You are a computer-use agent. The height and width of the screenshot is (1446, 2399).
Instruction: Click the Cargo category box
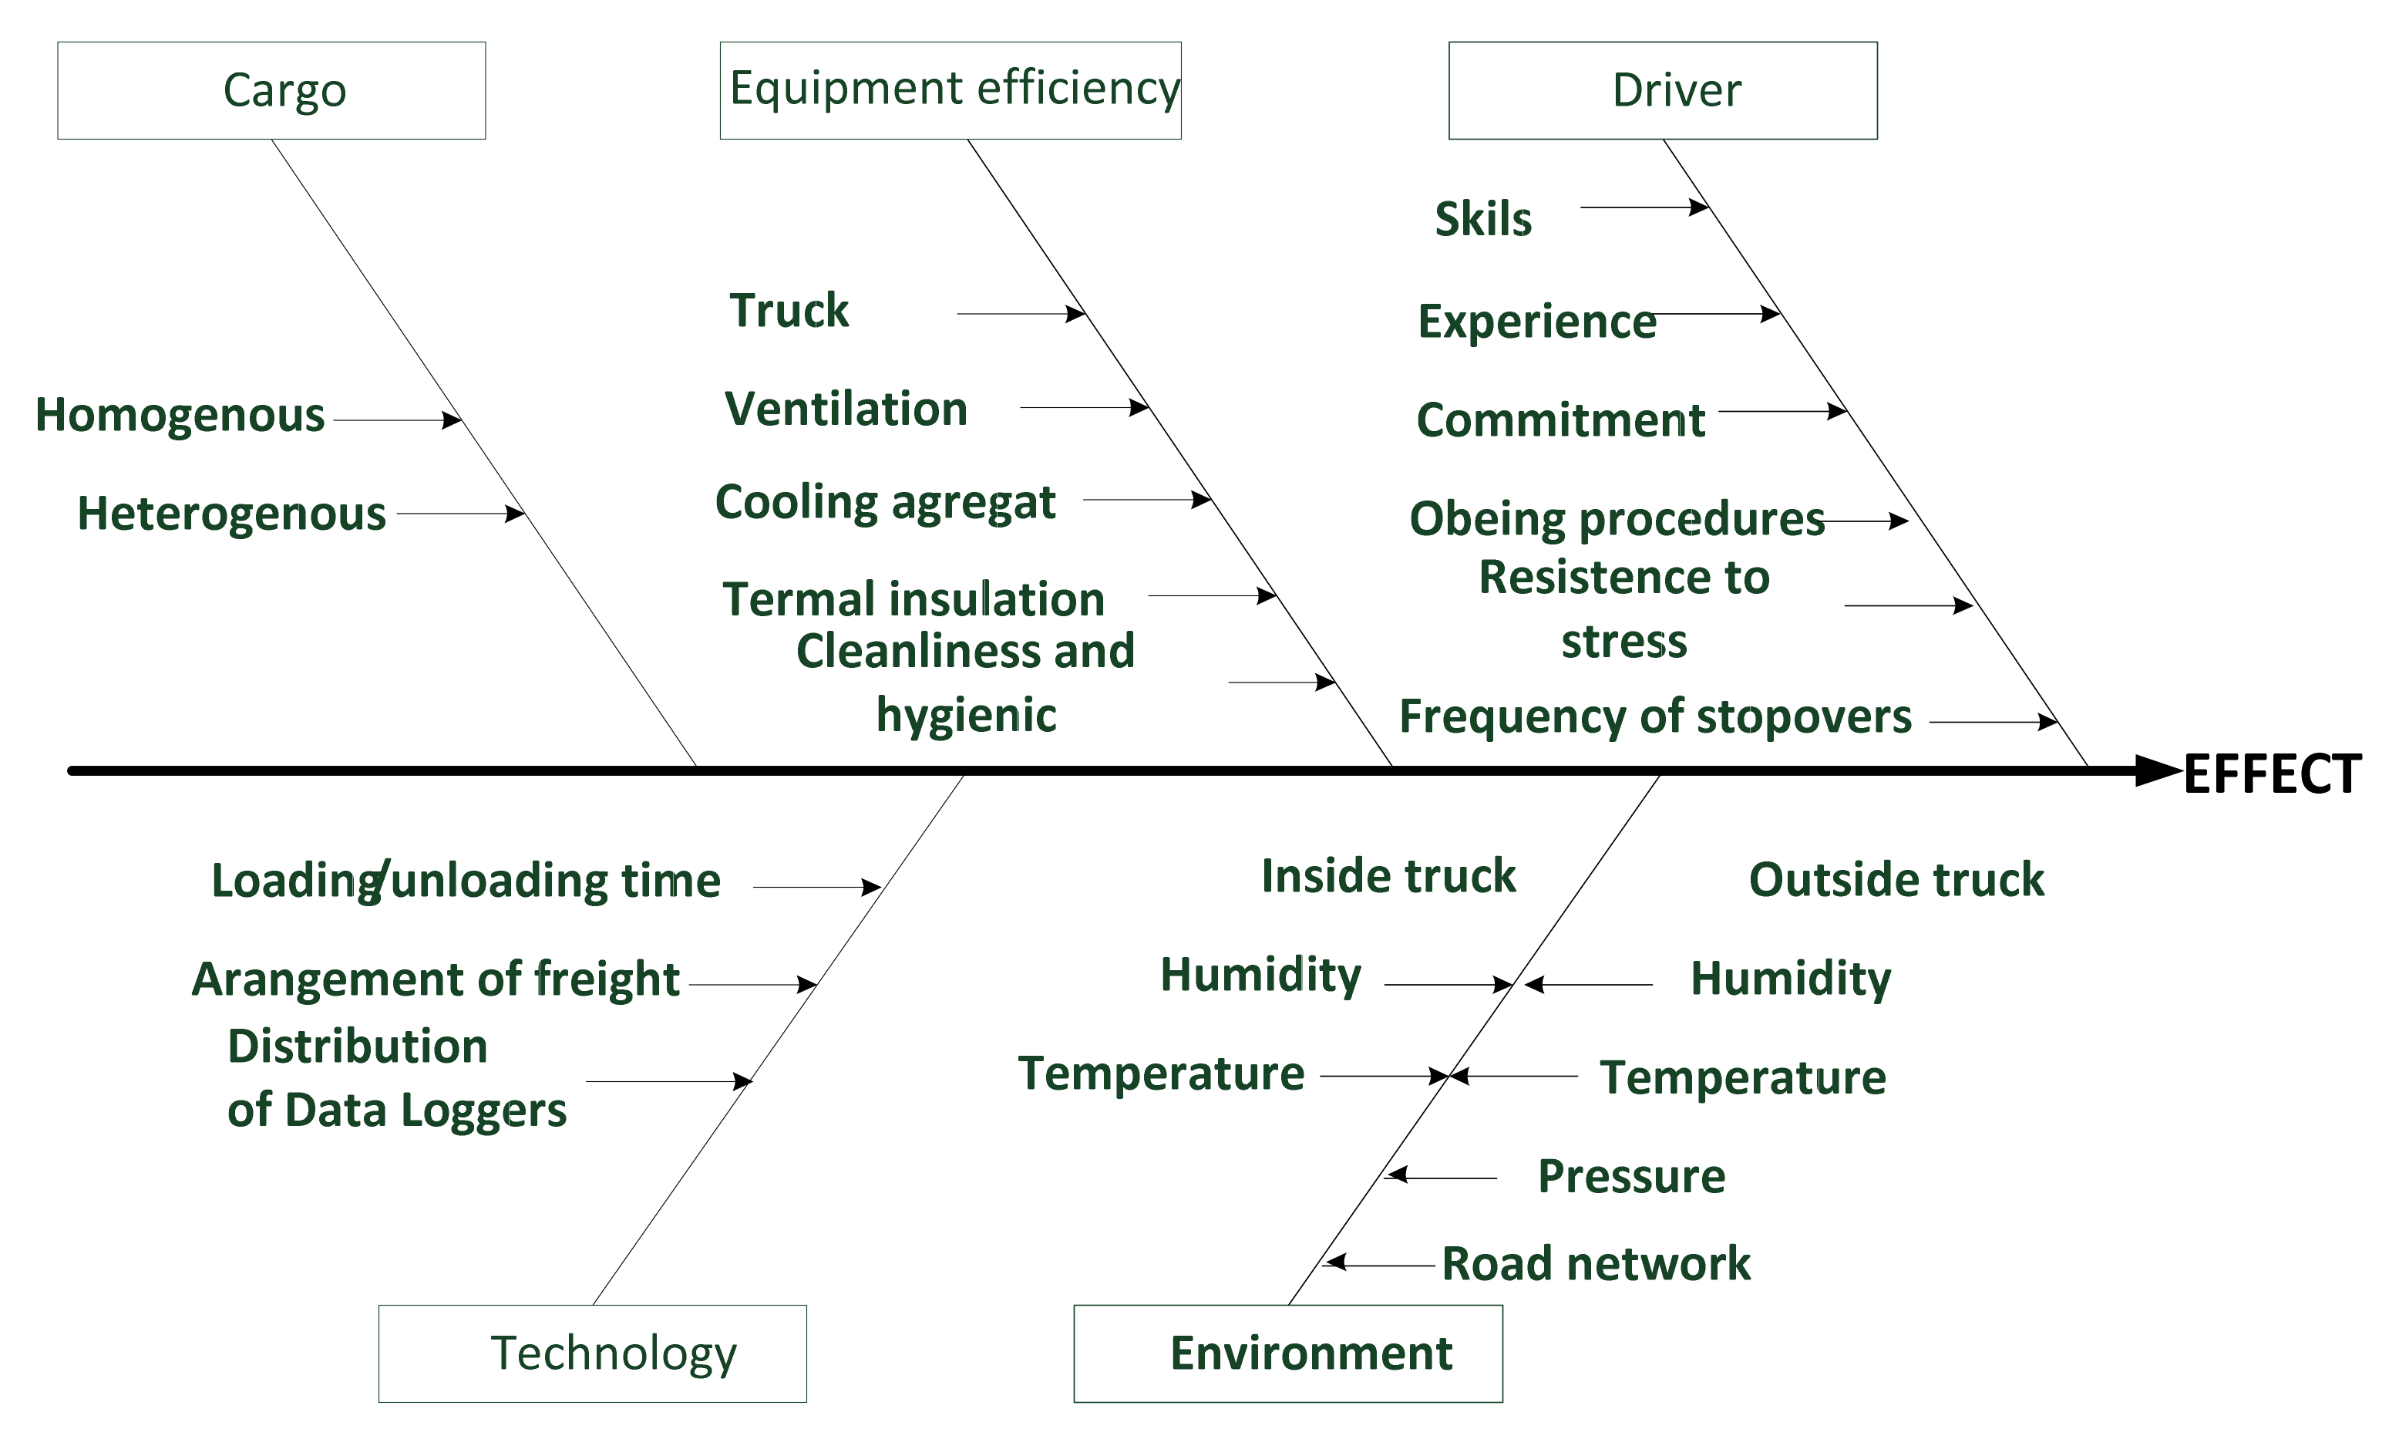point(271,90)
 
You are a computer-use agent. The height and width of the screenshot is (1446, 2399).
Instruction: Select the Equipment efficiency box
point(951,90)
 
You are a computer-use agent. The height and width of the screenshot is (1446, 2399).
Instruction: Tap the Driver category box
point(1662,90)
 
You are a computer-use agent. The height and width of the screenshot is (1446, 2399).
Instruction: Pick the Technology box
point(592,1353)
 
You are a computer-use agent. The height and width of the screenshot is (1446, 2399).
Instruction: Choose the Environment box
point(1287,1353)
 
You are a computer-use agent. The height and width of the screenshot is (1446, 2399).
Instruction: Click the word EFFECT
point(2272,775)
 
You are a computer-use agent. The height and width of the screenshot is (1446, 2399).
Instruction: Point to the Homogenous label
point(180,416)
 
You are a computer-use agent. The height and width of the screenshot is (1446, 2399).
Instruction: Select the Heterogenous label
point(232,514)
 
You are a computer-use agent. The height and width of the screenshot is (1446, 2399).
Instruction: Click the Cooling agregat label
point(885,504)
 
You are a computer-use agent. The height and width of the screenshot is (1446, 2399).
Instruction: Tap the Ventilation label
point(846,409)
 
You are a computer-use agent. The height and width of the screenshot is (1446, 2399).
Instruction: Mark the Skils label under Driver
point(1483,219)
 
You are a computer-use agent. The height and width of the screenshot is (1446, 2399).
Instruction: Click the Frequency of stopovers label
point(1655,716)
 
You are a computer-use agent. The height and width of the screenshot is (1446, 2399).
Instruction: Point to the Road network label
point(1596,1264)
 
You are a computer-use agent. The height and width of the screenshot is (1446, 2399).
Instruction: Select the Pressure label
point(1631,1176)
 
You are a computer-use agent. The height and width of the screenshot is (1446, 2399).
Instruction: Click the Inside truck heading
point(1388,876)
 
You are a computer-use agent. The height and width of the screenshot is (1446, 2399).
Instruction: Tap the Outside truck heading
point(1896,880)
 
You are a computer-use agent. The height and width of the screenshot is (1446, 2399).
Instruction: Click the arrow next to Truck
point(1021,314)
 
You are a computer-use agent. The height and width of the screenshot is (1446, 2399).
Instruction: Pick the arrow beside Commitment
point(1782,411)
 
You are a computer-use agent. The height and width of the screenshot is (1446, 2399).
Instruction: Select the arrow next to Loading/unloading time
point(816,887)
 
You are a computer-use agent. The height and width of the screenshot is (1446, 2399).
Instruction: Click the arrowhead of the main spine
point(2158,770)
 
